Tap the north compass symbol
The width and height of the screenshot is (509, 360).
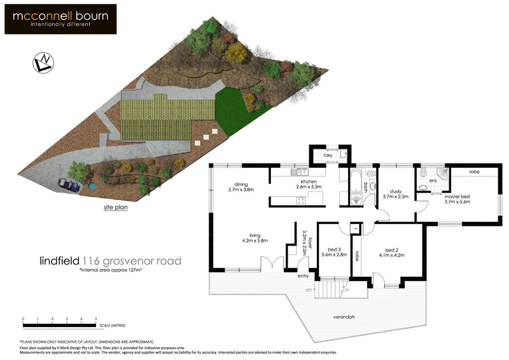(x=43, y=62)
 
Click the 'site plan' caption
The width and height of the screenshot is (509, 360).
(x=115, y=207)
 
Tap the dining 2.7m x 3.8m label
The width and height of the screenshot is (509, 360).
(x=241, y=186)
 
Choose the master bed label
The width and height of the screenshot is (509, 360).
(x=457, y=198)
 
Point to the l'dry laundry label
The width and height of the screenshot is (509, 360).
(x=328, y=156)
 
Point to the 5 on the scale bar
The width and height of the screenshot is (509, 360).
(x=96, y=318)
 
